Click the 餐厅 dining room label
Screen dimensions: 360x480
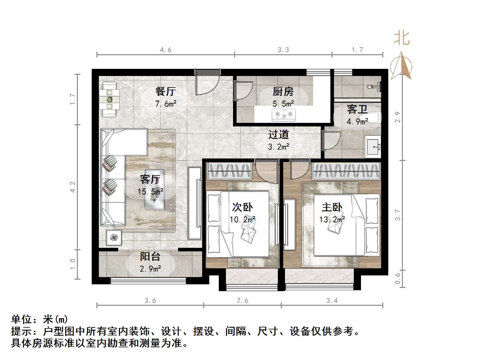[165, 91]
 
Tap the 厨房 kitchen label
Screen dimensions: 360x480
[283, 91]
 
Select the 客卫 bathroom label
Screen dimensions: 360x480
[357, 109]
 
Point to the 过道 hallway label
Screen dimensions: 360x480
[278, 134]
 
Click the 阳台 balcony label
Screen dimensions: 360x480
[150, 256]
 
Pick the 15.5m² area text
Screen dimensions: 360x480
[150, 192]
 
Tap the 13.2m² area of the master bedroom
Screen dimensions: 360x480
[332, 220]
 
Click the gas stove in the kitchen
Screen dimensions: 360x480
[283, 115]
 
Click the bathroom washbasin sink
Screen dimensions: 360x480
[373, 146]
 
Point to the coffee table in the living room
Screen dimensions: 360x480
[154, 190]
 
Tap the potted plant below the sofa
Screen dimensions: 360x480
[114, 237]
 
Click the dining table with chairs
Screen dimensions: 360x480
[110, 99]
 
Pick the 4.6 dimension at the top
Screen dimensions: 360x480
[166, 50]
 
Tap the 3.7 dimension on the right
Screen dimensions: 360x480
[398, 215]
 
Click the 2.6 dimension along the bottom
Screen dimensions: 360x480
[243, 301]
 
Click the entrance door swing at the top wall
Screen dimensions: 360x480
[207, 83]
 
